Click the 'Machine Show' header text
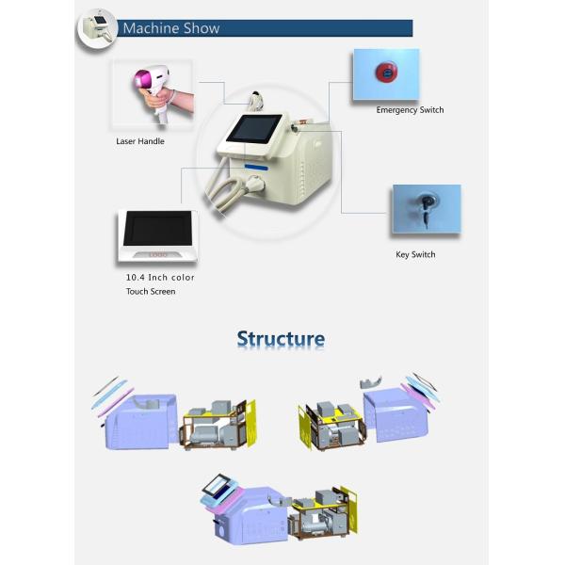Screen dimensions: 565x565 [170, 28]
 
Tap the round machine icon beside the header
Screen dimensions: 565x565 [95, 27]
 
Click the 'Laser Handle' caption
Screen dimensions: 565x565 [139, 141]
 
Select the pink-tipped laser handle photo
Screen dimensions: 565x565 [152, 92]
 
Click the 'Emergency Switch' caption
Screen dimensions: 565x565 [410, 110]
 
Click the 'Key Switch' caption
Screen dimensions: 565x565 [415, 254]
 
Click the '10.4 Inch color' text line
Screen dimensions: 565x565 [160, 278]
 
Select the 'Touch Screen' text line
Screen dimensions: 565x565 [151, 292]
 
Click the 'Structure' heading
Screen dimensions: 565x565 [281, 339]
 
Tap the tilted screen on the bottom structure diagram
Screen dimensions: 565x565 [222, 488]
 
